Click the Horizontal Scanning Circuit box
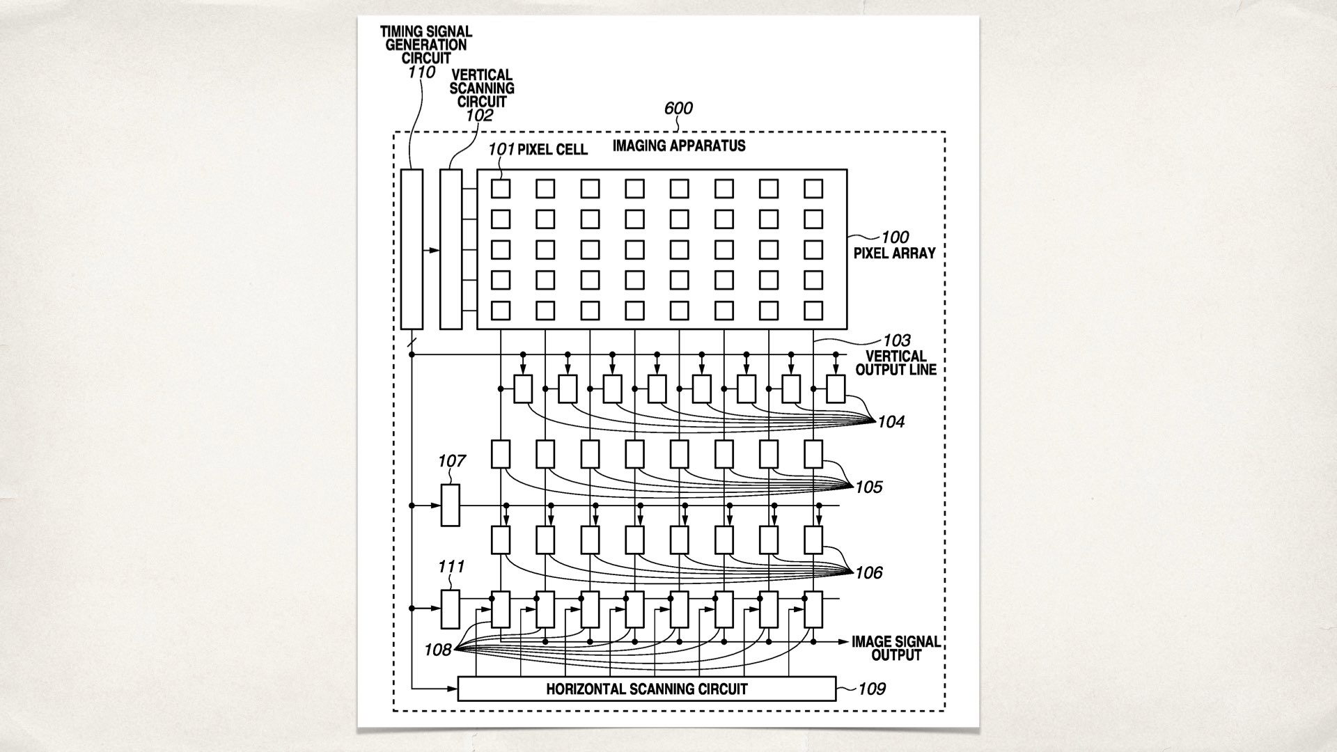(646, 689)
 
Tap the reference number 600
(678, 108)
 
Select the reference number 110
(422, 72)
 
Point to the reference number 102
(479, 116)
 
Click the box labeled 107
(451, 506)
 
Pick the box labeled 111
(451, 609)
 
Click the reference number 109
(872, 689)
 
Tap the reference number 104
(891, 422)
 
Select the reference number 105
(868, 487)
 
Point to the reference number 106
(868, 572)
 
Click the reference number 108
(438, 650)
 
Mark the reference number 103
(896, 340)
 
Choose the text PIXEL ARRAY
(894, 253)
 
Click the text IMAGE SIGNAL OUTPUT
(896, 648)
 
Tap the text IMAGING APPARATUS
(679, 146)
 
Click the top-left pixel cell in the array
(501, 189)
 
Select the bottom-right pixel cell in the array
(813, 310)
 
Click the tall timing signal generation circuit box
(412, 249)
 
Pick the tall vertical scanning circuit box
(451, 249)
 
